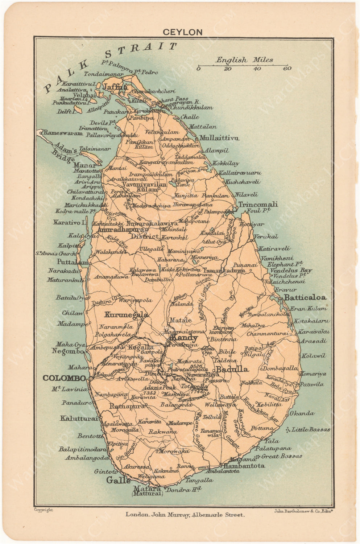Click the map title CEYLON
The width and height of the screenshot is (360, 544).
[x=182, y=32]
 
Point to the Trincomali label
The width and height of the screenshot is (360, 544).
[x=258, y=204]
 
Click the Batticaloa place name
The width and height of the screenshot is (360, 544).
[x=305, y=297]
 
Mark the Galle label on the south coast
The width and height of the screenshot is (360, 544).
[x=118, y=481]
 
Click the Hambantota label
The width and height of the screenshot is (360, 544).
[x=244, y=466]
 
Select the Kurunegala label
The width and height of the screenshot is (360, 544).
[x=126, y=314]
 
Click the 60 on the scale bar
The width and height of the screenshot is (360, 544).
[x=287, y=69]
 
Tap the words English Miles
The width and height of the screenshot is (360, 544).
[x=245, y=60]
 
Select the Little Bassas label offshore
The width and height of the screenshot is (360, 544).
[x=311, y=429]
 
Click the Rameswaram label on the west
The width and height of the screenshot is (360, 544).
[x=63, y=133]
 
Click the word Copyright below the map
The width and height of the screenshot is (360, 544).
[x=43, y=510]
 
